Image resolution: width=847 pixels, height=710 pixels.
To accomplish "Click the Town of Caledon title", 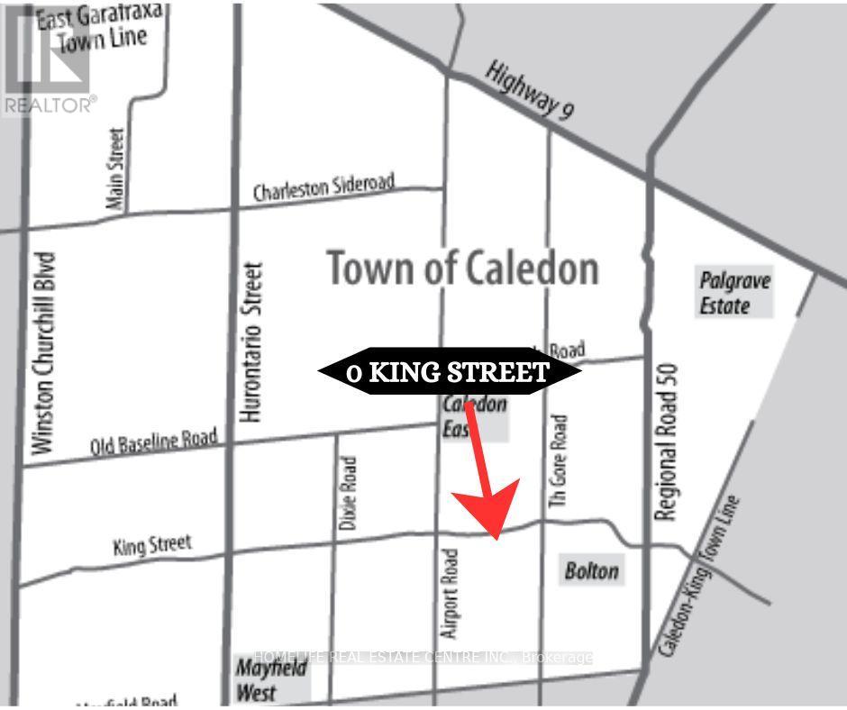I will click(x=462, y=268).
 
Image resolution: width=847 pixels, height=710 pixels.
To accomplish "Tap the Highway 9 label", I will click(x=529, y=90).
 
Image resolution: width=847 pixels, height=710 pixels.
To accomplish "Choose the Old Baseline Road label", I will click(x=154, y=443).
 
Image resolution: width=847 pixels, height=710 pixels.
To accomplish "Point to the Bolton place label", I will click(x=592, y=571).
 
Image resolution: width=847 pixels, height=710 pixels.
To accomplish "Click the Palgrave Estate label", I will click(x=735, y=293).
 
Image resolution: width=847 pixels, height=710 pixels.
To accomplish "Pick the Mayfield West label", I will click(x=258, y=679).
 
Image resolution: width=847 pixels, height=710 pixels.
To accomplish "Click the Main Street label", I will click(x=115, y=169).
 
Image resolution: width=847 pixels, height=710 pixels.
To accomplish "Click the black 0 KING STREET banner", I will click(x=449, y=371).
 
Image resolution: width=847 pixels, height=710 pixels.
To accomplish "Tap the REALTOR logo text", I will click(x=49, y=105).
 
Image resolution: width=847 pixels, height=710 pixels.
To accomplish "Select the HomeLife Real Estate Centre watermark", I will click(x=423, y=658).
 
